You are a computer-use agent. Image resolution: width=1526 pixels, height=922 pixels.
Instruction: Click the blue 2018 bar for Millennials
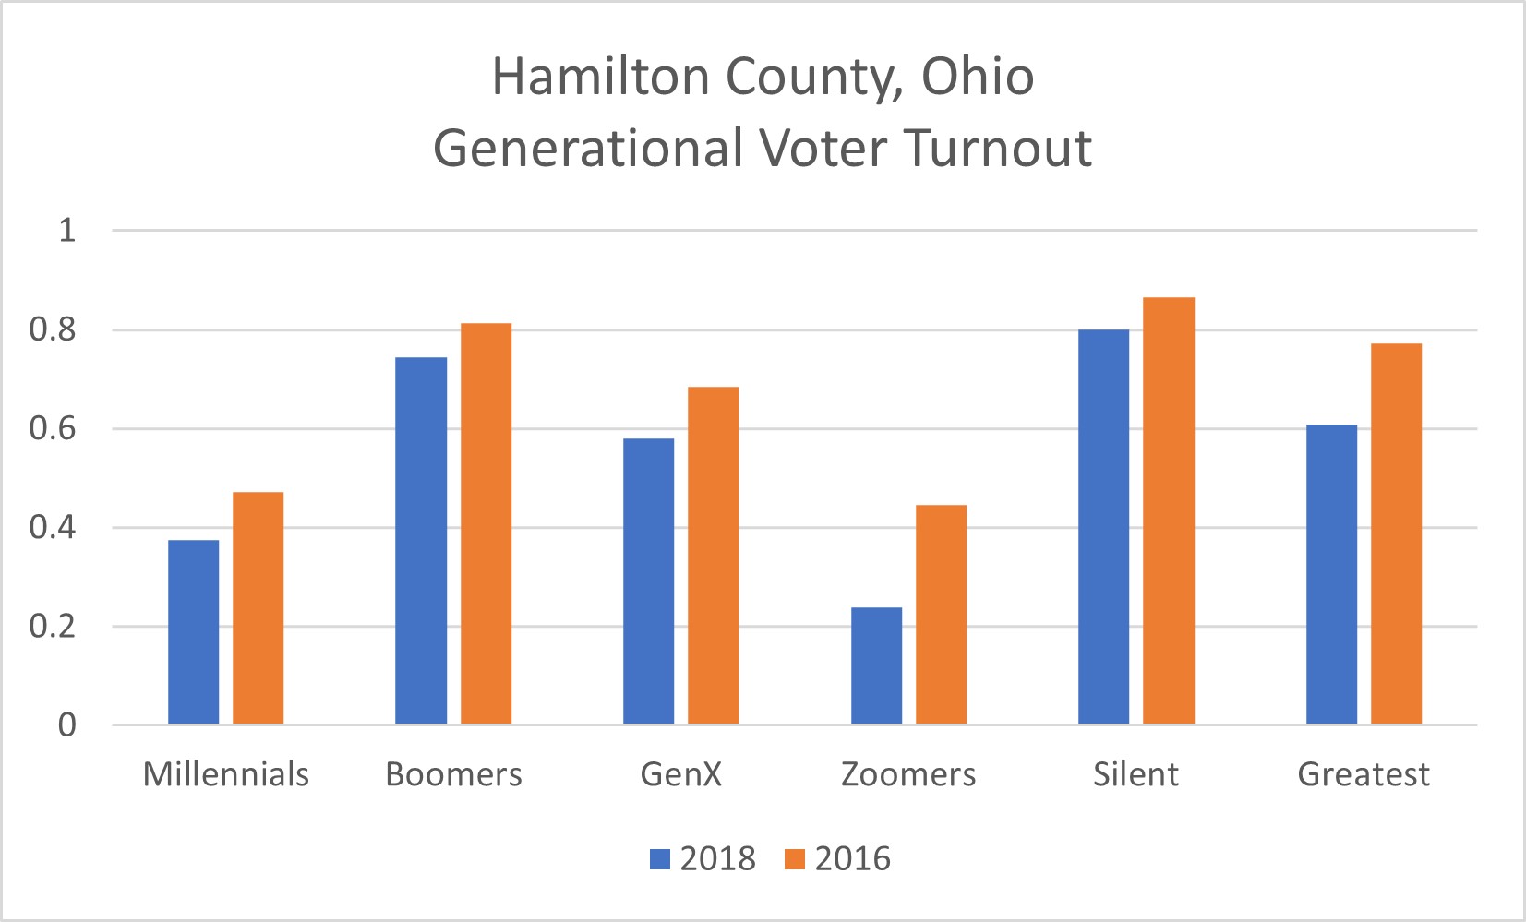pyautogui.click(x=193, y=632)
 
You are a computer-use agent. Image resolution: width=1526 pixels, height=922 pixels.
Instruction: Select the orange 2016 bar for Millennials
pyautogui.click(x=258, y=608)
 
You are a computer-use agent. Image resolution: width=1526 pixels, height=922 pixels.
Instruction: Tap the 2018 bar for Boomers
pyautogui.click(x=421, y=541)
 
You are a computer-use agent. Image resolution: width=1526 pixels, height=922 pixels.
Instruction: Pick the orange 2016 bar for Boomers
pyautogui.click(x=486, y=523)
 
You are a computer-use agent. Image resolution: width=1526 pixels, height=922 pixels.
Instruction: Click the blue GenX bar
pyautogui.click(x=648, y=581)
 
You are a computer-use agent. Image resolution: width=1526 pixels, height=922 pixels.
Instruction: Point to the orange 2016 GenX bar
pyautogui.click(x=713, y=556)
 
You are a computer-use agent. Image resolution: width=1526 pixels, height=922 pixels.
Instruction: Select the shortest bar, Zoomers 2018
pyautogui.click(x=876, y=665)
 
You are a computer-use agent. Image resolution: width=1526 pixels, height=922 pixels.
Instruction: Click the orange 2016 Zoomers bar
pyautogui.click(x=941, y=615)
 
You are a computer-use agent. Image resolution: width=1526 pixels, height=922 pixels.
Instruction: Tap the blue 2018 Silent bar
pyautogui.click(x=1103, y=527)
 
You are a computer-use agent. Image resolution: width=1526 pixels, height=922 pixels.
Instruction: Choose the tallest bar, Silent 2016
pyautogui.click(x=1169, y=510)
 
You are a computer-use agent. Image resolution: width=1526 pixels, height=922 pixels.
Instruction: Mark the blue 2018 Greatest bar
pyautogui.click(x=1331, y=574)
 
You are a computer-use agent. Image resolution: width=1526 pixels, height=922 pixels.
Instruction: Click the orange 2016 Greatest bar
pyautogui.click(x=1396, y=533)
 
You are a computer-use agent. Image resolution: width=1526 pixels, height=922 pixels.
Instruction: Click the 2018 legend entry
pyautogui.click(x=703, y=859)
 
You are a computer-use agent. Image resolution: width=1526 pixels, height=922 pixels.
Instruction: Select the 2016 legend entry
pyautogui.click(x=838, y=859)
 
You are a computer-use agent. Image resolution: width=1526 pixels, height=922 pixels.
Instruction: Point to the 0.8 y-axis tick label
pyautogui.click(x=53, y=329)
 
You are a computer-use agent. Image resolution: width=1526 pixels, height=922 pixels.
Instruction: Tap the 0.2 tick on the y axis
pyautogui.click(x=53, y=627)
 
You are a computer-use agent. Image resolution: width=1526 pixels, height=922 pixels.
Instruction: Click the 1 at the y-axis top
pyautogui.click(x=66, y=230)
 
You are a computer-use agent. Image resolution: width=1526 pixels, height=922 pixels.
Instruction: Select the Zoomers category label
pyautogui.click(x=907, y=774)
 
